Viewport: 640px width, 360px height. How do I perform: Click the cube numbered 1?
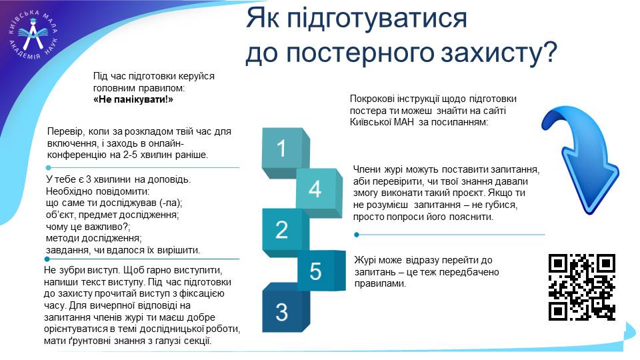pyautogui.click(x=285, y=152)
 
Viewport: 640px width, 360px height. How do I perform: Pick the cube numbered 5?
pyautogui.click(x=321, y=270)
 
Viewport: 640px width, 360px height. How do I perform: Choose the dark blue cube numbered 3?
pyautogui.click(x=285, y=308)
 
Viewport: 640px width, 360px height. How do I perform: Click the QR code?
pyautogui.click(x=581, y=287)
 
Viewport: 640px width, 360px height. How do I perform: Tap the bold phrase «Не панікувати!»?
pyautogui.click(x=133, y=99)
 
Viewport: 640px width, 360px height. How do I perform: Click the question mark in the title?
pyautogui.click(x=549, y=51)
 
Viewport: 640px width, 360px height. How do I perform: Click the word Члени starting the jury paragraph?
pyautogui.click(x=367, y=169)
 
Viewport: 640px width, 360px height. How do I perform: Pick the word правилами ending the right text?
pyautogui.click(x=380, y=284)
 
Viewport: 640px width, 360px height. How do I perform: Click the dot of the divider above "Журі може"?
pyautogui.click(x=357, y=235)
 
